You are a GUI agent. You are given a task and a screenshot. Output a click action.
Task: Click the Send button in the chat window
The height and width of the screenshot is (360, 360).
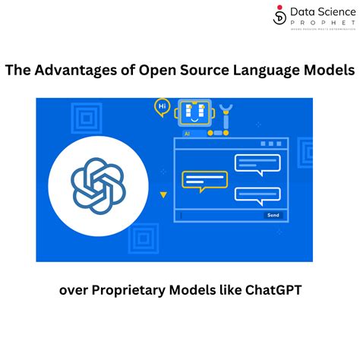tap(272, 216)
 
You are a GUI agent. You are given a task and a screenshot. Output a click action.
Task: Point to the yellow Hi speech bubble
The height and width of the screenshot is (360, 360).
tap(161, 107)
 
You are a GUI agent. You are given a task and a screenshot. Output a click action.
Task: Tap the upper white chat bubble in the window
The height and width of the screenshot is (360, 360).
tap(257, 163)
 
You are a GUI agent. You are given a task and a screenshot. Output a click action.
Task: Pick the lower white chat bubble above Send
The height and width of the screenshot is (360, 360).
tap(257, 195)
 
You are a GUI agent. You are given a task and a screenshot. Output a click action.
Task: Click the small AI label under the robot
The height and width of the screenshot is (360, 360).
tap(186, 133)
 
